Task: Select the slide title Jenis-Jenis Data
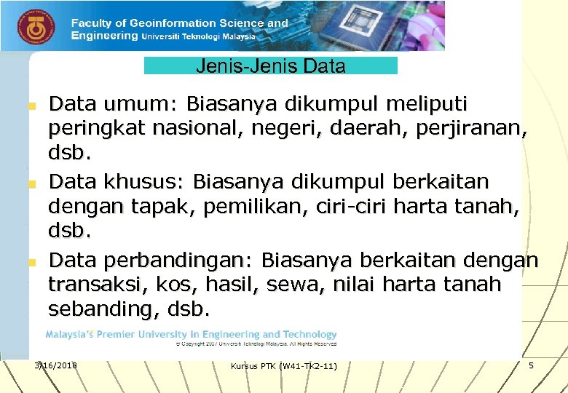pos(270,66)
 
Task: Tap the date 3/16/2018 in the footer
pos(56,365)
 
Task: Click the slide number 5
pos(531,365)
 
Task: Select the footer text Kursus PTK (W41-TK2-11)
pos(283,365)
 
